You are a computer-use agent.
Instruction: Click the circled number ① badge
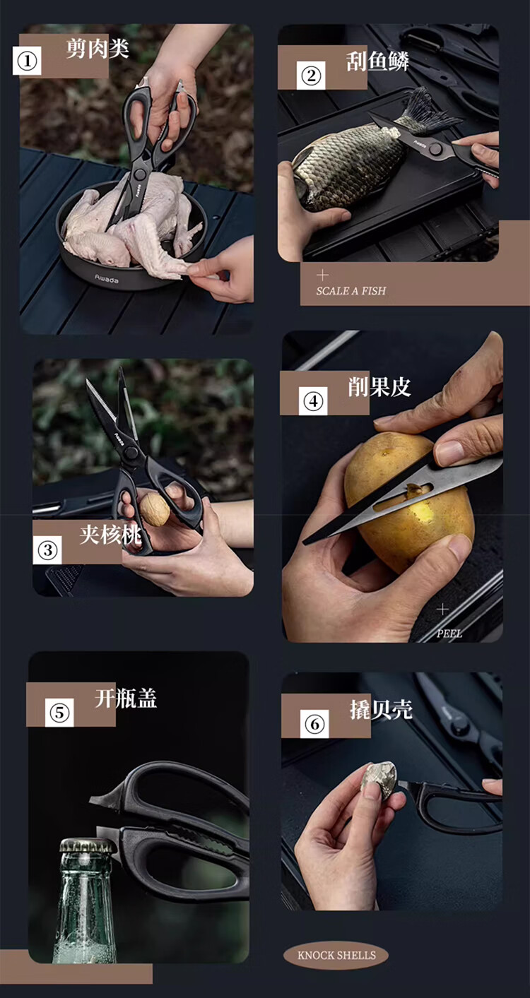point(27,61)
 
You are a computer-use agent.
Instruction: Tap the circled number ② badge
point(311,75)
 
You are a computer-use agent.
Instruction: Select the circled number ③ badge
point(47,550)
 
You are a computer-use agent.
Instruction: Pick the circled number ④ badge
point(313,400)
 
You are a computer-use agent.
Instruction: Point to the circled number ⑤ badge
point(59,713)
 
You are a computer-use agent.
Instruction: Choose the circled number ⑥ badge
point(314,723)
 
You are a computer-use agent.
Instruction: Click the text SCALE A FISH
point(351,291)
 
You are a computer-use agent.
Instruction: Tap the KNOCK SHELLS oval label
point(336,955)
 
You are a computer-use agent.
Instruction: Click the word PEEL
point(449,633)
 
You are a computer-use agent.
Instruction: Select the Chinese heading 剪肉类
point(98,49)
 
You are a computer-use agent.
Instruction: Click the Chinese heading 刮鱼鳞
point(377,61)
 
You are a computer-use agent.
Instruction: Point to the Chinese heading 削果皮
point(379,387)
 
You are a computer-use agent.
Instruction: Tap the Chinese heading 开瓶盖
point(126,698)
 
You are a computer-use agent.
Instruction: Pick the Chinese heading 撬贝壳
point(381,709)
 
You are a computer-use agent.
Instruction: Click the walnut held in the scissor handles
point(155,509)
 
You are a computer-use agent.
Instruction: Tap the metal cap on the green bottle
point(88,845)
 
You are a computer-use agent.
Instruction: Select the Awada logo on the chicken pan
point(107,279)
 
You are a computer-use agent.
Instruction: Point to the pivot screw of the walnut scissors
point(131,453)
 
